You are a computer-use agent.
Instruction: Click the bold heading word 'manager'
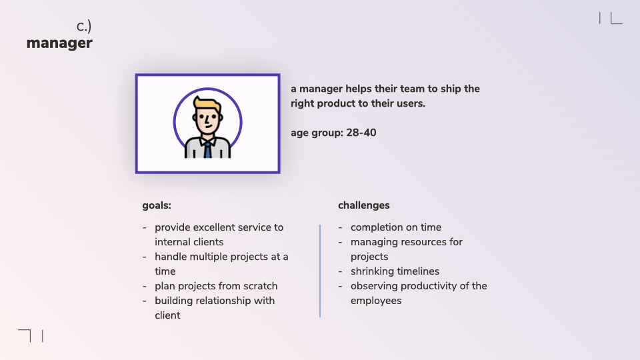tap(59, 43)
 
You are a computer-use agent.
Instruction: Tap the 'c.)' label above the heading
tap(84, 27)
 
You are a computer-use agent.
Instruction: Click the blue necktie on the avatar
tap(208, 150)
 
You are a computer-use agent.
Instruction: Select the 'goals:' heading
tap(157, 205)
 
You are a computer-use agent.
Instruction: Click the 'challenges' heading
tap(364, 205)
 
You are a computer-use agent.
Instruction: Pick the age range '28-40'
tap(361, 133)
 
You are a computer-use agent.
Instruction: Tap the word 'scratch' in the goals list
tap(261, 286)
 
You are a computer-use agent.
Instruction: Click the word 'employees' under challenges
tap(376, 301)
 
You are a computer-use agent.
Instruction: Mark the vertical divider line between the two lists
tap(320, 271)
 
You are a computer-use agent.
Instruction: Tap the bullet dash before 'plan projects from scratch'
tap(145, 287)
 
